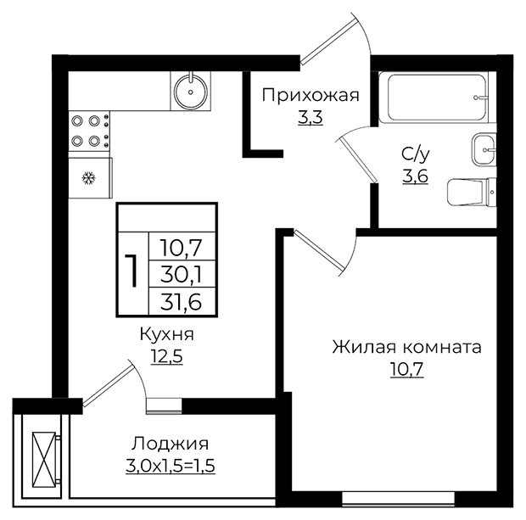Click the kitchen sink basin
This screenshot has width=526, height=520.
click(x=191, y=91)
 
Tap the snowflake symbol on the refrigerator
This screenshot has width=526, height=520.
click(x=89, y=178)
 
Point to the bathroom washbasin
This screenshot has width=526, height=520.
click(x=484, y=149)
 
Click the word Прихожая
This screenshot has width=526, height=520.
click(x=311, y=95)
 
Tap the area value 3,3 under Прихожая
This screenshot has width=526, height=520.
click(x=311, y=117)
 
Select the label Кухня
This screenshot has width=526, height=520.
click(x=167, y=334)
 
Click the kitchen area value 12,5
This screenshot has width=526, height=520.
click(x=167, y=356)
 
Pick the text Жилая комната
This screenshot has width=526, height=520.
click(x=406, y=347)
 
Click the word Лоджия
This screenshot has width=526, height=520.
click(x=170, y=444)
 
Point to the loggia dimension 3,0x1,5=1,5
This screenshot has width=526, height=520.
click(x=171, y=466)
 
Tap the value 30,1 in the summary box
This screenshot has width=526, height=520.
click(x=182, y=274)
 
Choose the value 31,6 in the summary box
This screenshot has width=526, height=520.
click(x=182, y=302)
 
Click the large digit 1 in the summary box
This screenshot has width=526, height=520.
click(x=132, y=271)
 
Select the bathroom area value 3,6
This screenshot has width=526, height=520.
click(x=416, y=176)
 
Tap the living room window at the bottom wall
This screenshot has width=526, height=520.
click(x=398, y=498)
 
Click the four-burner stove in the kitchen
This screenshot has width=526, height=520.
click(x=89, y=131)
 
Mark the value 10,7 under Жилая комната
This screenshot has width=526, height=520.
click(x=407, y=369)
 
